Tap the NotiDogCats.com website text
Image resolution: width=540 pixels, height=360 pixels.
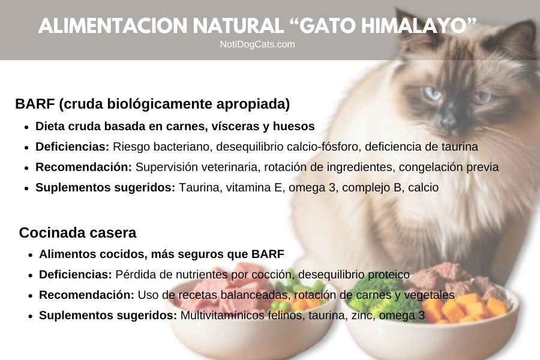[257, 44]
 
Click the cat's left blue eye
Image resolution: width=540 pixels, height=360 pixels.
[431, 93]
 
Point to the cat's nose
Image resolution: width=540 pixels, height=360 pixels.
[449, 120]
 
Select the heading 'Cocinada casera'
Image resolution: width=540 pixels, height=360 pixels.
[77, 232]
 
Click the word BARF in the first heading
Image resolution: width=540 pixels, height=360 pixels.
[35, 104]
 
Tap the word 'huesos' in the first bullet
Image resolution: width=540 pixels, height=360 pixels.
[294, 127]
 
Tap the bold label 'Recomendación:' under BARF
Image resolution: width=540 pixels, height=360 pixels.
[84, 167]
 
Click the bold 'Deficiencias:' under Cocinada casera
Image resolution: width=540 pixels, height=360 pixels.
[76, 274]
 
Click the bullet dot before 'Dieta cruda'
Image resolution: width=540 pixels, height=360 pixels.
[26, 127]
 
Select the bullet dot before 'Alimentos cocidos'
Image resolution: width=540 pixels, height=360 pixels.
[30, 254]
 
